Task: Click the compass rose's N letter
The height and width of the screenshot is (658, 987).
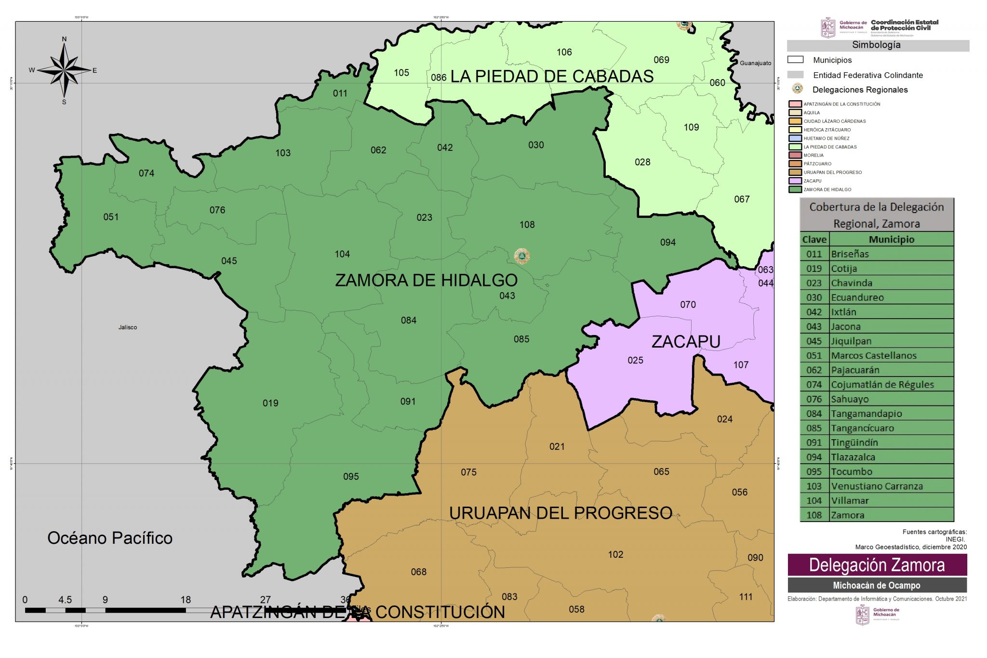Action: (x=64, y=40)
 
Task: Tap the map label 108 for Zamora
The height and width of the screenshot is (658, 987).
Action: (x=527, y=225)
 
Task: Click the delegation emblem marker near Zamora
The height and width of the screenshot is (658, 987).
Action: (x=522, y=256)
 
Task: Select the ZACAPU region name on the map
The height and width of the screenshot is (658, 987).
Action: (x=685, y=341)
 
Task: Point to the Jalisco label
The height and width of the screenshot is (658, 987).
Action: (x=128, y=327)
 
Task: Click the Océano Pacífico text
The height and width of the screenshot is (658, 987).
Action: (x=110, y=538)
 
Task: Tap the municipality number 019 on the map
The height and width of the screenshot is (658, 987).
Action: (x=270, y=403)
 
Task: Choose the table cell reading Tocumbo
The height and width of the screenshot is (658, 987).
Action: (x=852, y=471)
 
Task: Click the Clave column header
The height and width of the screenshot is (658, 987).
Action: (x=814, y=240)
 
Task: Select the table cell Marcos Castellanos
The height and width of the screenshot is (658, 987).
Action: (x=873, y=356)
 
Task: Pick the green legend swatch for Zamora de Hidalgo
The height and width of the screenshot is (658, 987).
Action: (x=795, y=189)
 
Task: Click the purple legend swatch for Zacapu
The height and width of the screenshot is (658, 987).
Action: (x=795, y=181)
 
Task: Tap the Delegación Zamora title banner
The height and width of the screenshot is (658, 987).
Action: (x=877, y=565)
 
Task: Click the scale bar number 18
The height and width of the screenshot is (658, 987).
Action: (x=186, y=600)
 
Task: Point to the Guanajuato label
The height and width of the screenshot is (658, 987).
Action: (x=755, y=63)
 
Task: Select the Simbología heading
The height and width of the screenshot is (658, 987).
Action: (x=876, y=45)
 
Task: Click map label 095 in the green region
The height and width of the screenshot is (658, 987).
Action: (x=351, y=476)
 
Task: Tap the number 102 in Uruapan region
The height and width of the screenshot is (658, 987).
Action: (x=615, y=554)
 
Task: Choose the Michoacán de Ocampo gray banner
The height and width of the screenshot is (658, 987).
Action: (x=877, y=585)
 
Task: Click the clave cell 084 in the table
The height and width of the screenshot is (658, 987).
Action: (x=814, y=414)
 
